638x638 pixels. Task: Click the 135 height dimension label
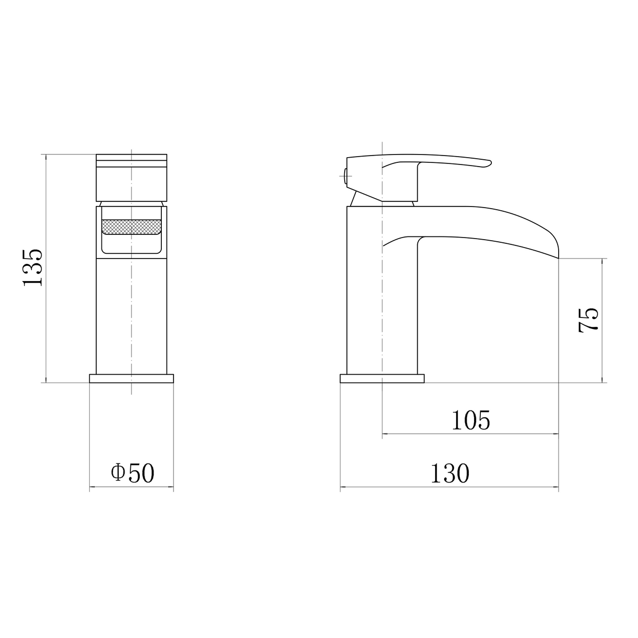coord(33,267)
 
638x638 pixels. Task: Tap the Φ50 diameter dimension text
coord(132,473)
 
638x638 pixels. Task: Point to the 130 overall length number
coord(449,474)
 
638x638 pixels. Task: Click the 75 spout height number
coord(588,320)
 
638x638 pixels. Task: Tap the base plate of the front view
coord(131,378)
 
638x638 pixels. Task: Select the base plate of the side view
coord(382,378)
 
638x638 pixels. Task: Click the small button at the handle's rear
coord(344,174)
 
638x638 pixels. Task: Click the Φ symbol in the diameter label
coord(118,473)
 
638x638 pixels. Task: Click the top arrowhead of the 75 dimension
coord(602,261)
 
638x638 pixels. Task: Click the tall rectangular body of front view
coord(131,315)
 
